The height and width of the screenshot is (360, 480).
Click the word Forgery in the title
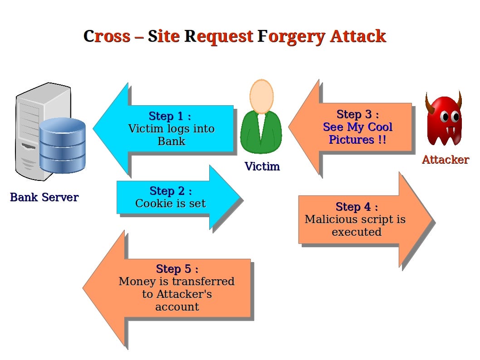coord(291,37)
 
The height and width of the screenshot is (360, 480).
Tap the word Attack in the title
coord(358,36)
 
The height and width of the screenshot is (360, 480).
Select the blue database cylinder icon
coord(63,146)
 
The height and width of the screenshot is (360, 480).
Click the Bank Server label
coord(44,197)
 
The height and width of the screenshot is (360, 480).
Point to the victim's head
coord(261,97)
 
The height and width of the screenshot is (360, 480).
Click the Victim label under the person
coord(262,166)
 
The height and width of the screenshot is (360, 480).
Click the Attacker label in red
coord(446,159)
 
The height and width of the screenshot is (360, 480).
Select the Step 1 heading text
coord(170,116)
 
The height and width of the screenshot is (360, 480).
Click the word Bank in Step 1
coord(171,141)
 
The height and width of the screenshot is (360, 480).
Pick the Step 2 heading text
coord(171,191)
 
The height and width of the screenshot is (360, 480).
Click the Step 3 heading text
coord(358,114)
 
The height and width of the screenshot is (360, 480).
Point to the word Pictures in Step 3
coord(352,140)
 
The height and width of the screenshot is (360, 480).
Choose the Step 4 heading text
coord(357,207)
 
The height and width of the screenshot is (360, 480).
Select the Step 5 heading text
coord(177,269)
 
